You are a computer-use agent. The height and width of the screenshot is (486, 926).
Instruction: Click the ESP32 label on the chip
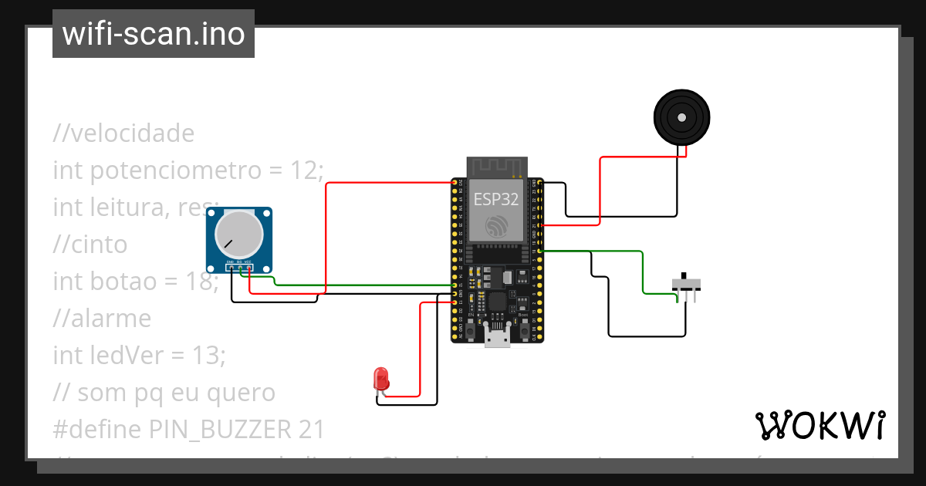pos(496,199)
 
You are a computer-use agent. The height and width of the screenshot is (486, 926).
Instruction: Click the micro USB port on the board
pos(497,336)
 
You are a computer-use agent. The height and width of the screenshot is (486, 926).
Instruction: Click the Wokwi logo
pos(820,425)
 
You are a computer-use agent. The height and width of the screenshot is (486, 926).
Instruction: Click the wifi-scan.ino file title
pos(154,34)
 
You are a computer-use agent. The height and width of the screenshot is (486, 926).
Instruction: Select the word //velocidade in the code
pos(123,133)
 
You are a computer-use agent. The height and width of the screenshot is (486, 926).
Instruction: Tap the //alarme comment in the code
pos(102,318)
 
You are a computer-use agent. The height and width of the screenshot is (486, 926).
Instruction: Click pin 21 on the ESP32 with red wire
pos(539,225)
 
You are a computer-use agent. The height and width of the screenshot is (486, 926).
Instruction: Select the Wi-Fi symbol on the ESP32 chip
pos(497,226)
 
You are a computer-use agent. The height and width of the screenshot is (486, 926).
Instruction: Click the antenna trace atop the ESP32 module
pos(497,167)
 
